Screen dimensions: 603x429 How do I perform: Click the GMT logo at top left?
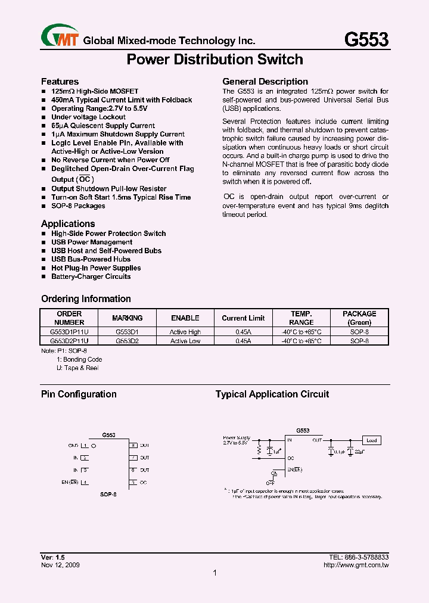pos(60,37)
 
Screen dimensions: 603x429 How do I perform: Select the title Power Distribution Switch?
pos(214,60)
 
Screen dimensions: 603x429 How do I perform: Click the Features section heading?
pos(60,81)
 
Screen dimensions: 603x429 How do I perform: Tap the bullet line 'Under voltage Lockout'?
pos(88,117)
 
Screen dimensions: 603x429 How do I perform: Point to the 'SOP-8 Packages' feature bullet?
pos(78,206)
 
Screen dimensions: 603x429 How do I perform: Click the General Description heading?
pos(265,82)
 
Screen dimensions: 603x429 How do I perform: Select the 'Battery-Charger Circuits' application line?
pos(91,276)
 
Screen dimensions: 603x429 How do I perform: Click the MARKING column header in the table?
pos(128,318)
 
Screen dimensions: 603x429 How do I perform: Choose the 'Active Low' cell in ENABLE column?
pos(185,341)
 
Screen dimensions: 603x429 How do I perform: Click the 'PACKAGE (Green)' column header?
pos(359,318)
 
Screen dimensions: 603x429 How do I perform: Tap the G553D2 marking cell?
pos(128,341)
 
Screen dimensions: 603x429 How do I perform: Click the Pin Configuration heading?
pos(79,394)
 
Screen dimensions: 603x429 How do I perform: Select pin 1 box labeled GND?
pos(85,445)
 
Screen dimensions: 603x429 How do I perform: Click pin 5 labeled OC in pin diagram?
pos(134,482)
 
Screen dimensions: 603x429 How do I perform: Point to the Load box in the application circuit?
pos(371,440)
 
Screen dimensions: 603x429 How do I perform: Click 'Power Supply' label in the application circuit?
pos(237,437)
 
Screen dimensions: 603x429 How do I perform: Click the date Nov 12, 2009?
pos(60,565)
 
